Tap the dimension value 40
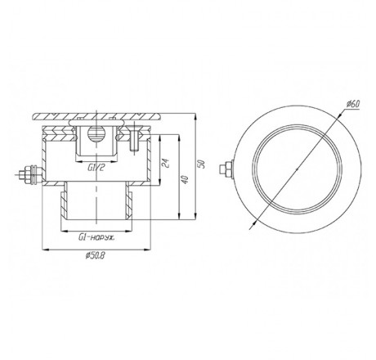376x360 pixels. click(185, 179)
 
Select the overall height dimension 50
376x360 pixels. click(201, 164)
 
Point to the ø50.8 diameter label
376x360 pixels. click(95, 256)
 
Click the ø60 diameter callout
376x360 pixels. click(353, 104)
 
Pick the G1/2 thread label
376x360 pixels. click(96, 168)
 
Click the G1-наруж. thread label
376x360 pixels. click(96, 238)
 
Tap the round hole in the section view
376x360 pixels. click(94, 133)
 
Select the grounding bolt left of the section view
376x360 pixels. click(29, 173)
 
